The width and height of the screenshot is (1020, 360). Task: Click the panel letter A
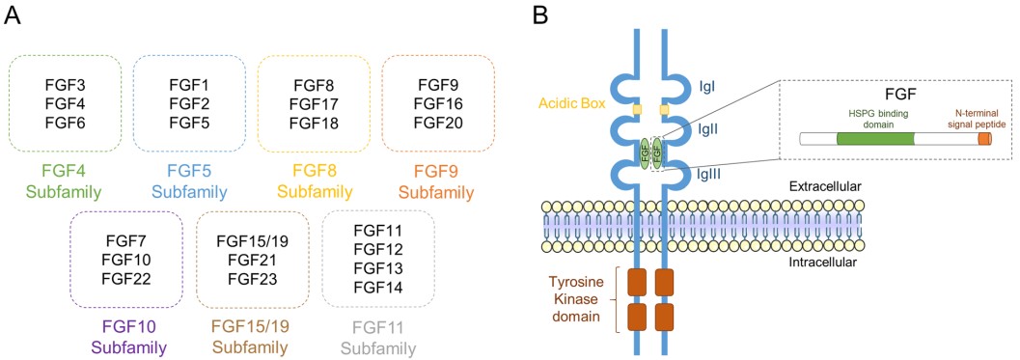pyautogui.click(x=14, y=17)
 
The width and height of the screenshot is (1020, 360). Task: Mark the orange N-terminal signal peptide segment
pyautogui.click(x=983, y=138)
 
